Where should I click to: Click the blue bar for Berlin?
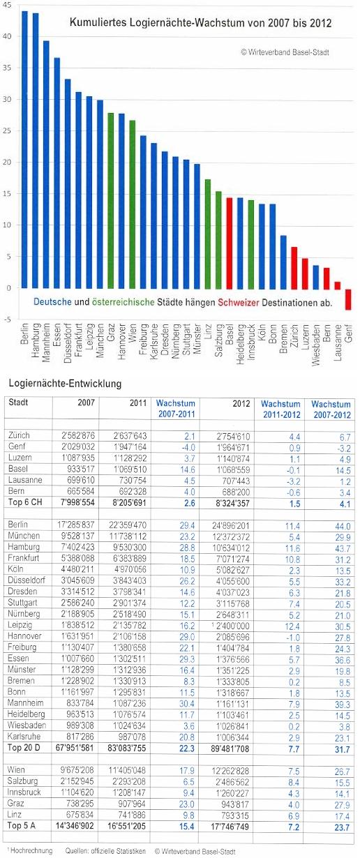(x=24, y=150)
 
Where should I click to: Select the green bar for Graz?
(x=111, y=201)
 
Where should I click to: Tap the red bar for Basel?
(x=230, y=243)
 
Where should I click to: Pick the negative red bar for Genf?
(x=348, y=299)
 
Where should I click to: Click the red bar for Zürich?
(x=294, y=268)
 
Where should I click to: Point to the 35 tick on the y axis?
(x=7, y=68)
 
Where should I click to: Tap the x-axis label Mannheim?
(x=46, y=343)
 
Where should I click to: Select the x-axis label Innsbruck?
(x=251, y=342)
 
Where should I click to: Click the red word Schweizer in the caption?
(x=239, y=302)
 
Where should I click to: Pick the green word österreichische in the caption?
(x=123, y=302)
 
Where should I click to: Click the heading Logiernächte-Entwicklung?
(x=65, y=384)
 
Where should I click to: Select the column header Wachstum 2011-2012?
(x=280, y=409)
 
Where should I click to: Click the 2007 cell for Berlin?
(x=77, y=525)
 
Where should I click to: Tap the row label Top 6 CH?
(x=25, y=502)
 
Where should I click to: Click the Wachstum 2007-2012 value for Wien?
(x=343, y=772)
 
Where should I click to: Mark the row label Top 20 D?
(x=24, y=748)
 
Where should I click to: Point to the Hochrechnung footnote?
(x=30, y=851)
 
